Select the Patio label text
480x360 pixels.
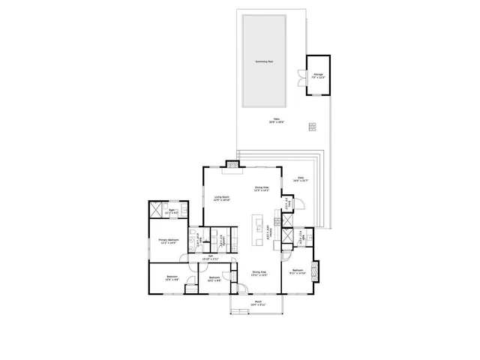(277, 120)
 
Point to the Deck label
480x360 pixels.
(301, 179)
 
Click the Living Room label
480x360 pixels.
(221, 199)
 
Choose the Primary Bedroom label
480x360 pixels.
(166, 241)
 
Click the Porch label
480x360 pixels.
(259, 304)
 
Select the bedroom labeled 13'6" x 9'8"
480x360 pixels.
(172, 278)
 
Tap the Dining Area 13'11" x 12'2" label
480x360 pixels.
(258, 273)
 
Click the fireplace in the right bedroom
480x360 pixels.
(314, 270)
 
